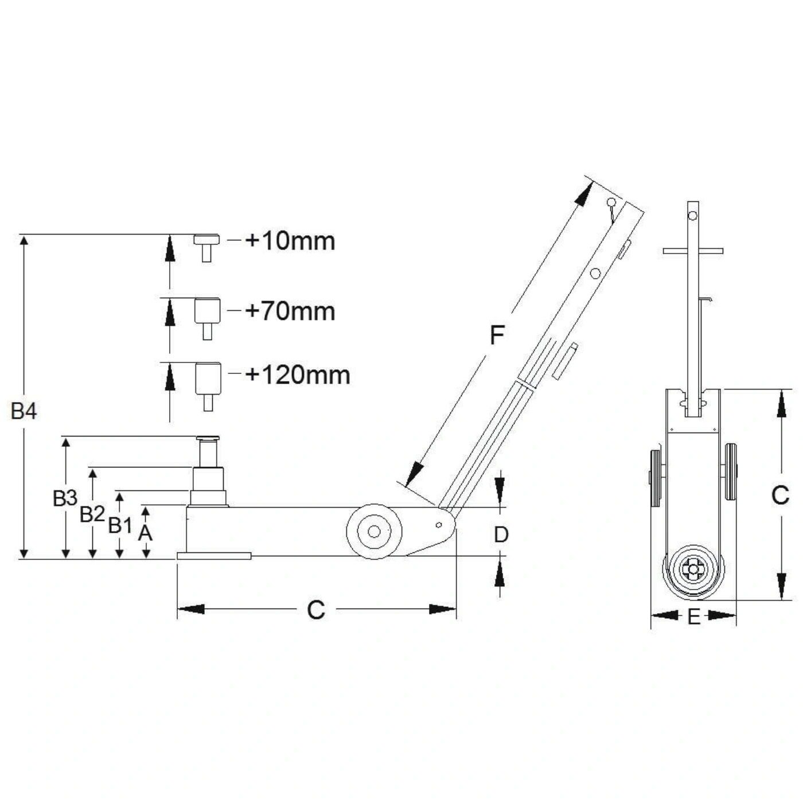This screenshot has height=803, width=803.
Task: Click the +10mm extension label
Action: pos(290,241)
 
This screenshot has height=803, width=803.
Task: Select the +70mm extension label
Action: pos(290,311)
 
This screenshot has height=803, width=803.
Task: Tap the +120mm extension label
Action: pos(298,375)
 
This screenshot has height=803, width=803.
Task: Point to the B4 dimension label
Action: pos(24,411)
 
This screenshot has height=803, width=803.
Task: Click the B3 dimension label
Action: pos(65,498)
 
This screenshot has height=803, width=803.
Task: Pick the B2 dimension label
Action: pos(92,514)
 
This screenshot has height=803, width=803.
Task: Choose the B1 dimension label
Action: pos(120,525)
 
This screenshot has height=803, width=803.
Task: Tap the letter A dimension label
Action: pos(145,533)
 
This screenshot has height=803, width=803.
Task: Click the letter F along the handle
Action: pos(497,335)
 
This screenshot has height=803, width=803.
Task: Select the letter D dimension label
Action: pos(501,535)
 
